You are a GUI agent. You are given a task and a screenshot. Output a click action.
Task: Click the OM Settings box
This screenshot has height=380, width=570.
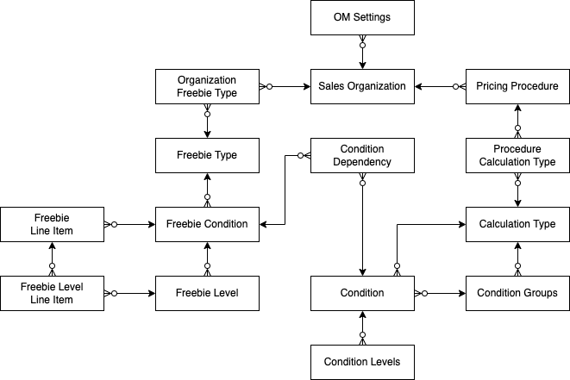[x=362, y=17]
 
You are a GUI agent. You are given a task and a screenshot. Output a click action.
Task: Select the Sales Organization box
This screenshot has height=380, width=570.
[x=362, y=86]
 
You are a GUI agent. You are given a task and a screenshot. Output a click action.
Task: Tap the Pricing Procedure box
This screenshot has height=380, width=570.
[x=517, y=86]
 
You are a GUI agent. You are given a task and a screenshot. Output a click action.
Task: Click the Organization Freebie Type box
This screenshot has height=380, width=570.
[x=207, y=86]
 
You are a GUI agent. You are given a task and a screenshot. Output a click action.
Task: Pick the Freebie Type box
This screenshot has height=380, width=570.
[x=207, y=155]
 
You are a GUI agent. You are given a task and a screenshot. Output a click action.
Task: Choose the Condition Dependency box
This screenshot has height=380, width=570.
[x=362, y=155]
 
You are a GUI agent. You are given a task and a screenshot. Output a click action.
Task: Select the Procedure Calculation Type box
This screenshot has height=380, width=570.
[x=517, y=155]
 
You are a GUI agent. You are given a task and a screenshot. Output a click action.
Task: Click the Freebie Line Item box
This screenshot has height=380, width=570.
[x=52, y=224]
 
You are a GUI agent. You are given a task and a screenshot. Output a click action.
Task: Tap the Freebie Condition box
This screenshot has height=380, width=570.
[x=207, y=224]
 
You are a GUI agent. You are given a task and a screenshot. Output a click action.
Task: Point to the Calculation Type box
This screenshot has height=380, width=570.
[x=517, y=224]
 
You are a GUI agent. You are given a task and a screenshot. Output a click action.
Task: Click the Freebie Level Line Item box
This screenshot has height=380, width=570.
[x=52, y=293]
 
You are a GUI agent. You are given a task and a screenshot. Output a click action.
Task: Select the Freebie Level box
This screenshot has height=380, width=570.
[x=207, y=293]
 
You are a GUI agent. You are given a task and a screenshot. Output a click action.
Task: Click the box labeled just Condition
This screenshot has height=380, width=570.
[x=362, y=293]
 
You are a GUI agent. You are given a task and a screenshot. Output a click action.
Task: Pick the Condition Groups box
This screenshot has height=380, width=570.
[x=517, y=293]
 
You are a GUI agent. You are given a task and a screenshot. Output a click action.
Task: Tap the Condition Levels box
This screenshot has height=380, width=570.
[x=362, y=362]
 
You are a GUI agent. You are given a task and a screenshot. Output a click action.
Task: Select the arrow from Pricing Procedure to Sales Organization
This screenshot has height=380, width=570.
[x=440, y=86]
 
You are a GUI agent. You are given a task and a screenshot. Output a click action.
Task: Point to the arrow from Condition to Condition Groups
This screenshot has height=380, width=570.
[x=440, y=293]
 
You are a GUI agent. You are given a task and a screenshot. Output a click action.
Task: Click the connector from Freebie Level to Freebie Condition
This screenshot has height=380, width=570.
[x=207, y=259]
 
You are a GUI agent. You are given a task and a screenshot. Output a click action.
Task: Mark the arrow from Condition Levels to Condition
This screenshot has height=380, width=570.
[x=362, y=327]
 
